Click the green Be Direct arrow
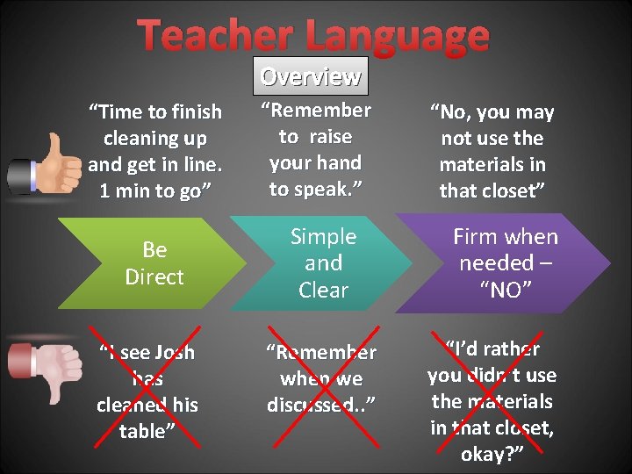coord(154,263)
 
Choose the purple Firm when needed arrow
coord(505,263)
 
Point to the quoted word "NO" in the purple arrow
coord(506,291)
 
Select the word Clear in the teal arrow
coord(323,290)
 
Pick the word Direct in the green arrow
coord(154,277)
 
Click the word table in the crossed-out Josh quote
coord(143,432)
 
